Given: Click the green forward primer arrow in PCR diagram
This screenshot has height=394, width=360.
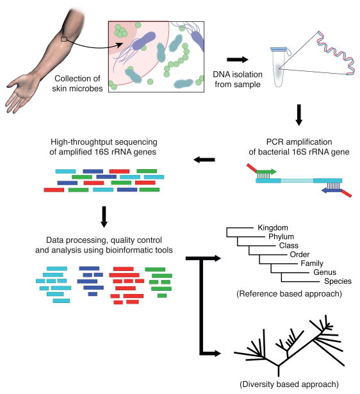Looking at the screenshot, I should click(266, 171).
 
